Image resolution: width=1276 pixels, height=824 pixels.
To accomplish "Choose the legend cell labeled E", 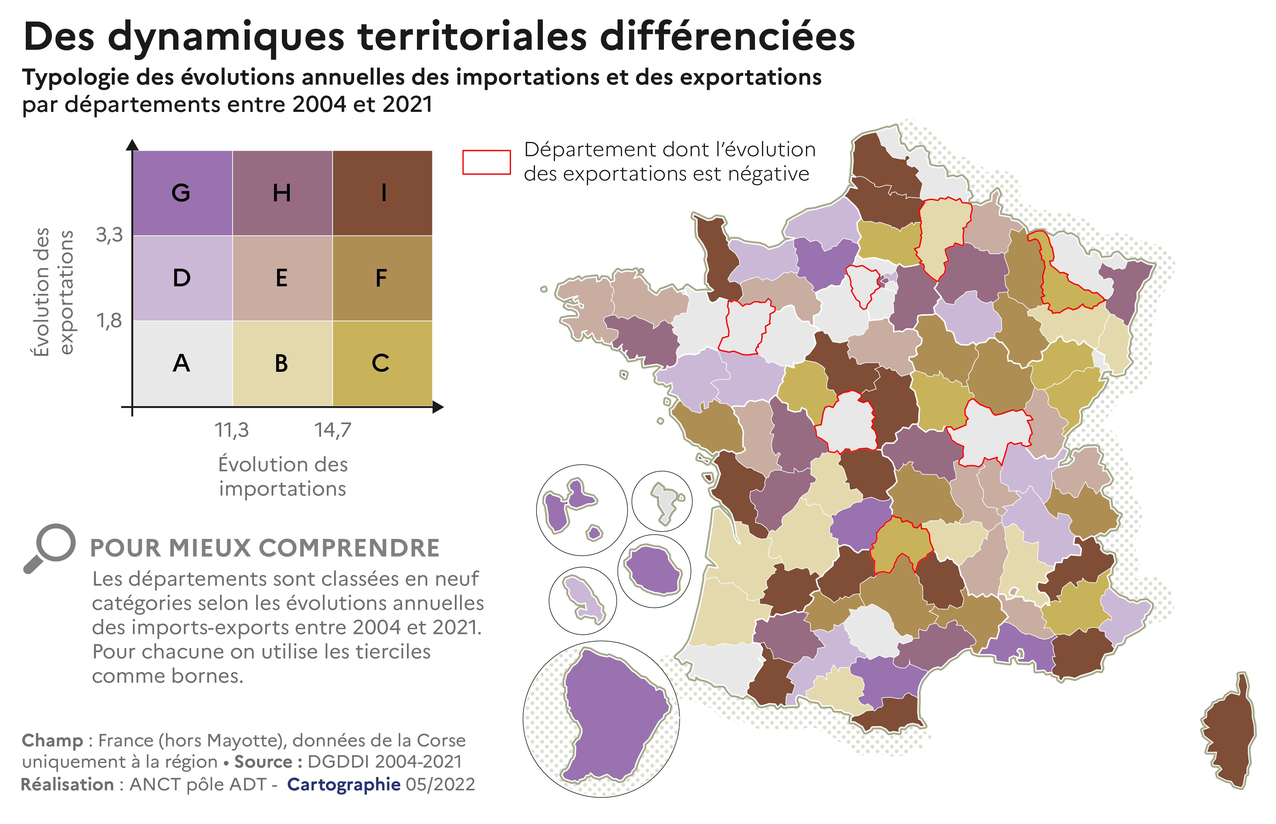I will (282, 278).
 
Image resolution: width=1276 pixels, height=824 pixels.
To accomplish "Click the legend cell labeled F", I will (382, 278).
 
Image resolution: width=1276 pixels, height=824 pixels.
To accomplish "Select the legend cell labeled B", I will (282, 363).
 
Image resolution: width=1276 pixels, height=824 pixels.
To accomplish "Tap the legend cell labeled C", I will (382, 363).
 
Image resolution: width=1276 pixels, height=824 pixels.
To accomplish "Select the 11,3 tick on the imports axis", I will (232, 430).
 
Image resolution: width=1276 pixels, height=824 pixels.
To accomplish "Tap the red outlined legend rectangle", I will (486, 162).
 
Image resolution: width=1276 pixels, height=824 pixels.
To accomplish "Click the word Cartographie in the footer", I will (344, 784).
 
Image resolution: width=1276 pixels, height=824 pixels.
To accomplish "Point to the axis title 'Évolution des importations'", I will (283, 476).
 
